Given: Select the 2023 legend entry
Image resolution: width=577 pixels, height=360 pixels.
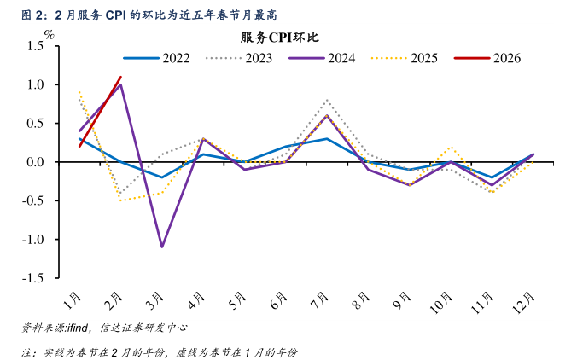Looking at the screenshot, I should [x=241, y=58].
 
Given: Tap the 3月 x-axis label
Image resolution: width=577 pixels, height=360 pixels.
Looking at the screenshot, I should [x=156, y=301].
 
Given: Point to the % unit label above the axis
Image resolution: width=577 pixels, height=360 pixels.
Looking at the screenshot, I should [x=50, y=35].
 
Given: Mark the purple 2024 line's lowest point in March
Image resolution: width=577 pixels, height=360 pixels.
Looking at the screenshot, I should [x=162, y=247].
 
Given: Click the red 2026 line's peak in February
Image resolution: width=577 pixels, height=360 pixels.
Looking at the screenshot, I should [x=120, y=77].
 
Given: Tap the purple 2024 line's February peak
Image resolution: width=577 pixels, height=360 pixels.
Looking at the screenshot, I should [x=121, y=84].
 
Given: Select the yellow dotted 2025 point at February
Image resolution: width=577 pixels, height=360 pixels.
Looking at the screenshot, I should [x=121, y=200].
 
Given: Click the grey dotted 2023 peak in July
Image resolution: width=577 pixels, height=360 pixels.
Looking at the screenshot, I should [x=327, y=100].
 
